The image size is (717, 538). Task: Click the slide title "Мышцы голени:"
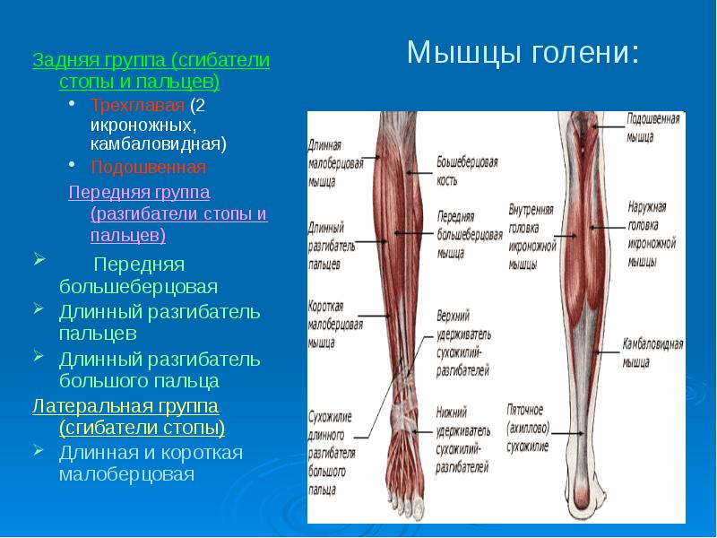[x=523, y=53]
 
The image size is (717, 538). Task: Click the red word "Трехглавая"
[x=137, y=106]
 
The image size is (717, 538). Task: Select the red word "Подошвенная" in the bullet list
[x=148, y=167]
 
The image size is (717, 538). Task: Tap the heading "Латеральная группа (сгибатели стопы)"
[x=128, y=417]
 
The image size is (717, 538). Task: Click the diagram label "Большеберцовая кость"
[x=467, y=170]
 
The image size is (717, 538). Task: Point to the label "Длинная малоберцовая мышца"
[x=335, y=164]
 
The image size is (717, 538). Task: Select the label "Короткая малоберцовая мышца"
[x=335, y=325]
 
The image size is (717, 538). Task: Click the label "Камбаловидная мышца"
[x=652, y=352]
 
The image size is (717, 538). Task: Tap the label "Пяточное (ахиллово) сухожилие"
[x=528, y=429]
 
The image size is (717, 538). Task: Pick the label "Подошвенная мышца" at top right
[x=653, y=127]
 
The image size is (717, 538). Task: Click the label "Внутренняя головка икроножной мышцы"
[x=532, y=237]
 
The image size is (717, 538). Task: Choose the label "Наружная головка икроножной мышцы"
[x=652, y=234]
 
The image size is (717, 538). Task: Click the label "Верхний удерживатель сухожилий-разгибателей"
[x=463, y=343]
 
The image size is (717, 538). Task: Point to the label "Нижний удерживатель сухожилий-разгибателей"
[x=462, y=440]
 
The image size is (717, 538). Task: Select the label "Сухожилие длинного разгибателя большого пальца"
[x=332, y=454]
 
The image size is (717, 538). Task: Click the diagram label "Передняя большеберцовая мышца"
[x=470, y=235]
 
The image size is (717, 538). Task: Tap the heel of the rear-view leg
[x=581, y=498]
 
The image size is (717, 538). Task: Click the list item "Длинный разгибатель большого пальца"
[x=160, y=369]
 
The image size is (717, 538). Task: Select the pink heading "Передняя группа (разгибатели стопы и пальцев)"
[x=168, y=213]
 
